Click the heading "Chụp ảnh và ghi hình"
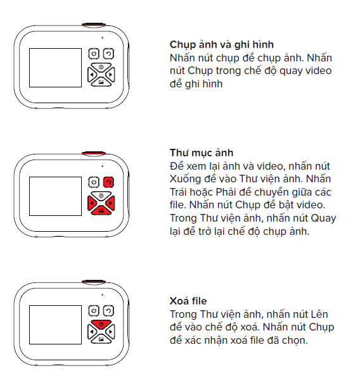click(x=221, y=45)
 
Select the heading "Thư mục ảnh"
click(x=202, y=153)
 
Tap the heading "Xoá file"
click(x=188, y=301)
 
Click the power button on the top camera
click(x=94, y=54)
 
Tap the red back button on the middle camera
click(x=108, y=182)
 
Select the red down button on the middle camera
click(x=101, y=211)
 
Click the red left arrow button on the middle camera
click(x=92, y=203)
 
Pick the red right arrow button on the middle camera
click(x=110, y=203)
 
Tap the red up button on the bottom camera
click(x=101, y=324)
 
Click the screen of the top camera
click(x=56, y=68)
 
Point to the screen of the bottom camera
click(x=56, y=325)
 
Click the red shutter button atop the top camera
click(x=94, y=25)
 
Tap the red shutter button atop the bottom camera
click(x=94, y=282)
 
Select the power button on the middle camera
click(x=94, y=182)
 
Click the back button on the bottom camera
click(x=108, y=310)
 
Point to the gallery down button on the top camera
click(x=101, y=82)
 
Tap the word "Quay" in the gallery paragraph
click(x=323, y=218)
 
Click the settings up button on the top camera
click(x=101, y=66)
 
